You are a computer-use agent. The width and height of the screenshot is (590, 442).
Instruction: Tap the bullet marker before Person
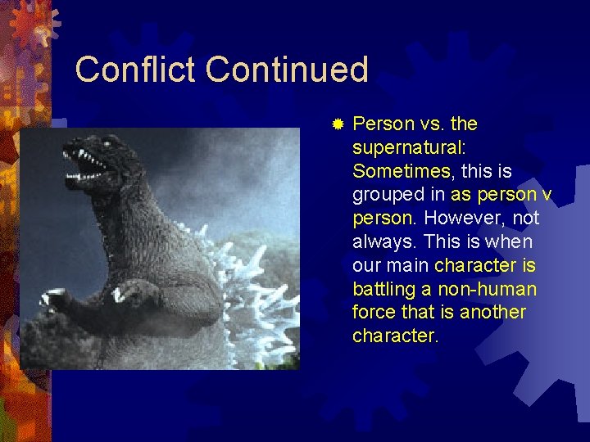[x=337, y=124]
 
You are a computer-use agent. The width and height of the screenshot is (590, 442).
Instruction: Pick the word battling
[x=381, y=289]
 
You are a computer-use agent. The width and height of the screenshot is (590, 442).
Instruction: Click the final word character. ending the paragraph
[x=396, y=336]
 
